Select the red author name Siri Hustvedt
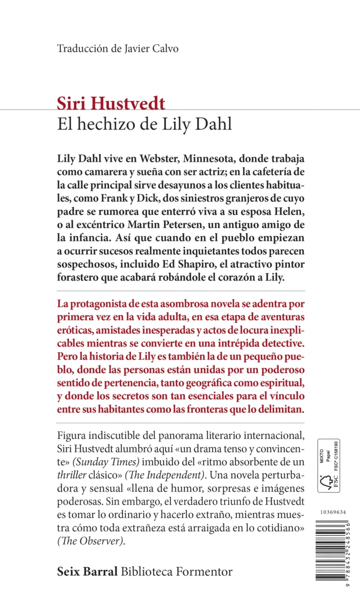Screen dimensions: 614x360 111,104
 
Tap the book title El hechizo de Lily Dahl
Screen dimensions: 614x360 145,124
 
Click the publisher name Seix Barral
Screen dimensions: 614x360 87,572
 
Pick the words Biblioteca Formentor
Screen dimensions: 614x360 176,572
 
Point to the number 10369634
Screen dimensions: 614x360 330,512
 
